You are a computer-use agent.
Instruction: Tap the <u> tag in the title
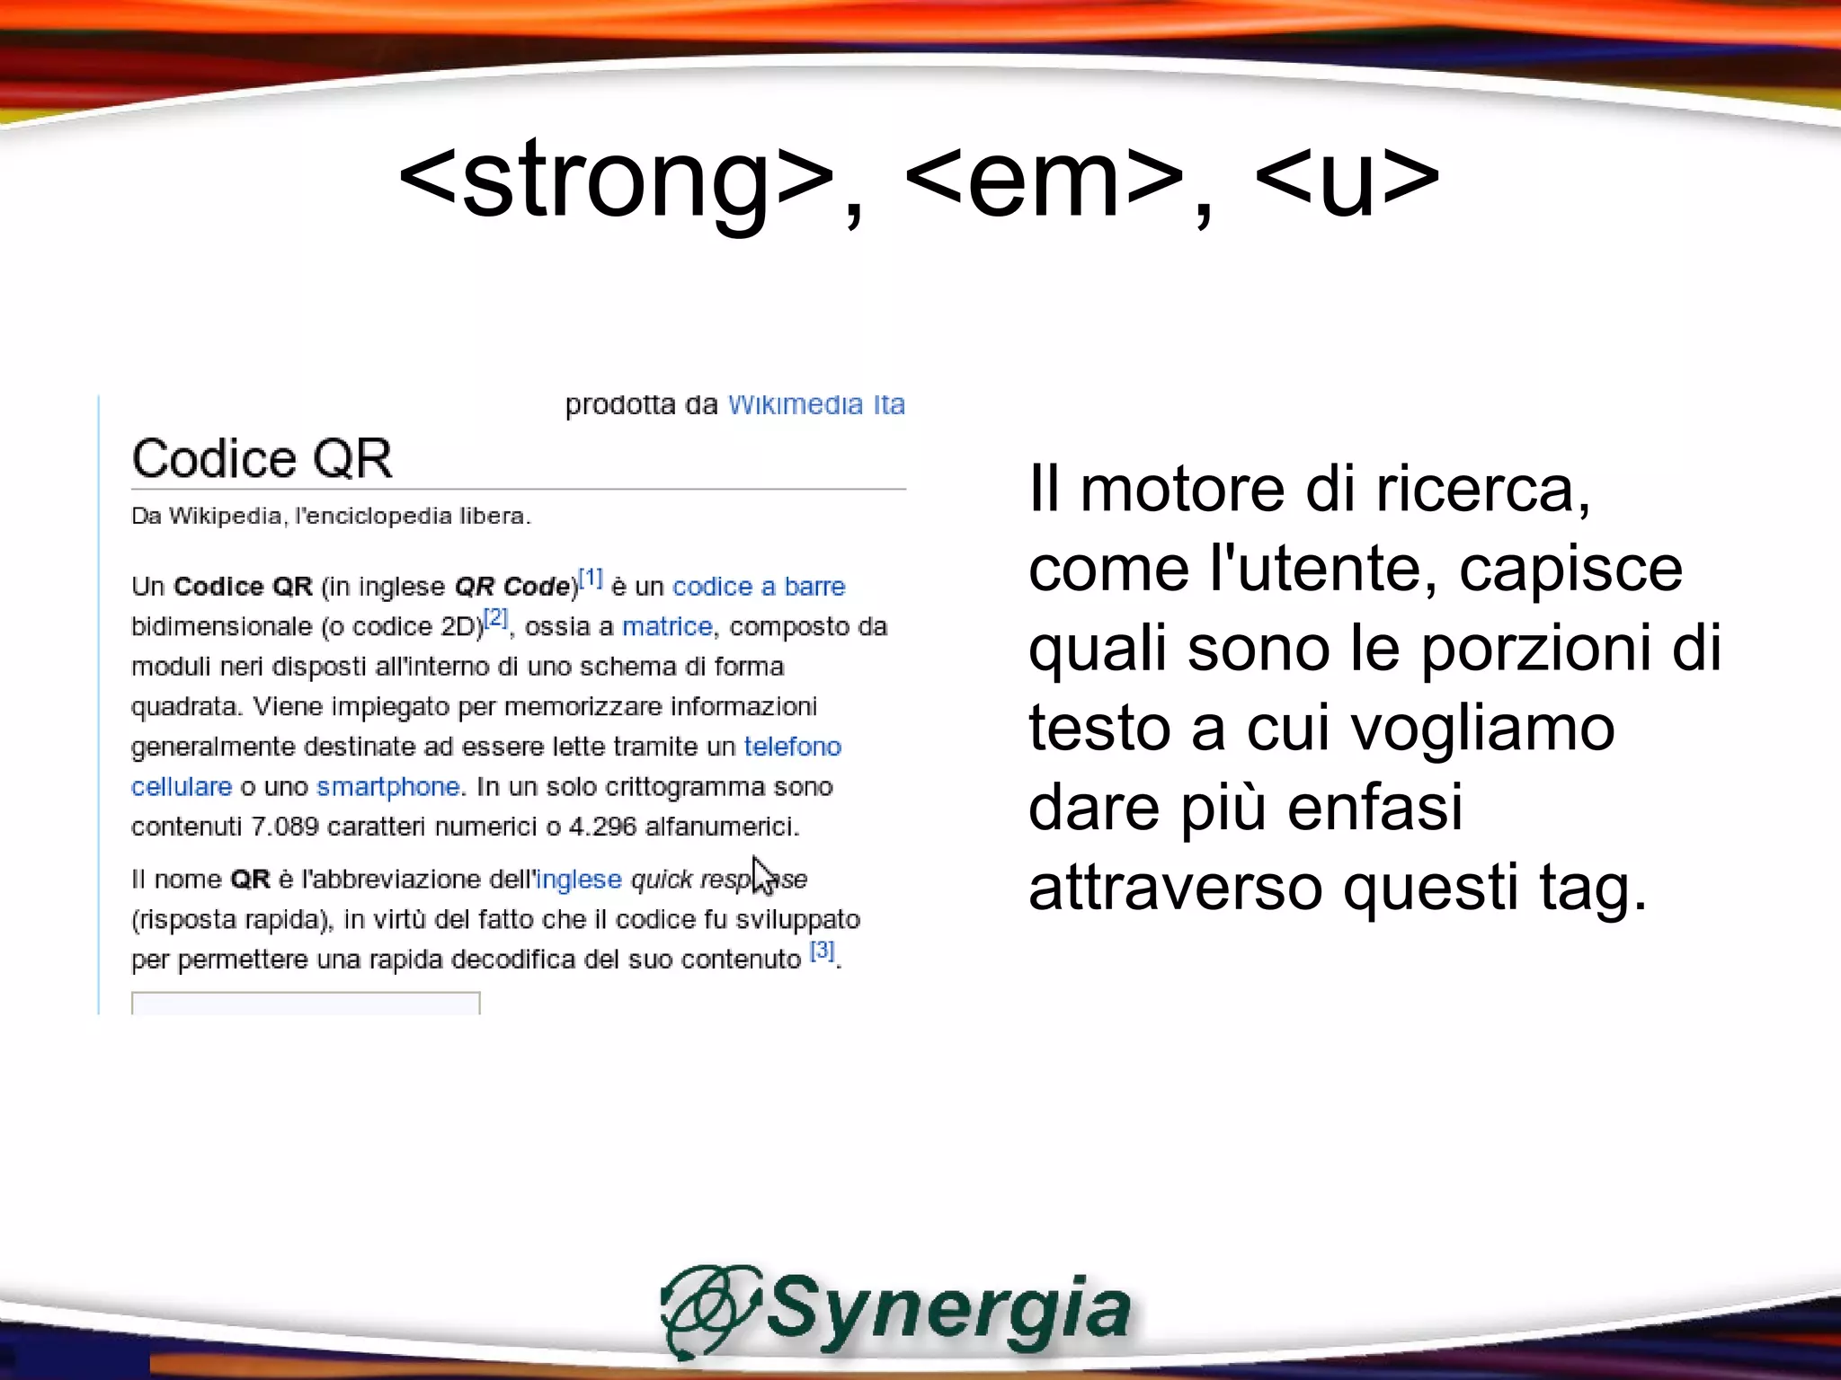click(x=1346, y=180)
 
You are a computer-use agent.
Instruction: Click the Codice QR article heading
click(x=262, y=458)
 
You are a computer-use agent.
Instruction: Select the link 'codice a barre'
click(x=759, y=587)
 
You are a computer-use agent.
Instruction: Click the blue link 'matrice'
click(x=667, y=626)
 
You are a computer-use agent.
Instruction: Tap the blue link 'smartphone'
click(x=388, y=787)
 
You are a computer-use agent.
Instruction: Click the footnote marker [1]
click(x=591, y=578)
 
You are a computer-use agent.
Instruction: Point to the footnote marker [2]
click(x=496, y=618)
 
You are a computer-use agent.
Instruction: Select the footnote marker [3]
click(x=823, y=951)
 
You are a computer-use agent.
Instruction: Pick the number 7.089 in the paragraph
click(x=284, y=827)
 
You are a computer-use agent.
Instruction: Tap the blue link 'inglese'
click(x=579, y=880)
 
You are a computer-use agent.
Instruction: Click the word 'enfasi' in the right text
click(x=1374, y=808)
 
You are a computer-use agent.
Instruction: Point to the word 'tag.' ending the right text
click(x=1594, y=889)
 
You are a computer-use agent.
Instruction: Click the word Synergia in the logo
click(x=948, y=1308)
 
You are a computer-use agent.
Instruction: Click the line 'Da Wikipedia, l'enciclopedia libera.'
click(x=331, y=517)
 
